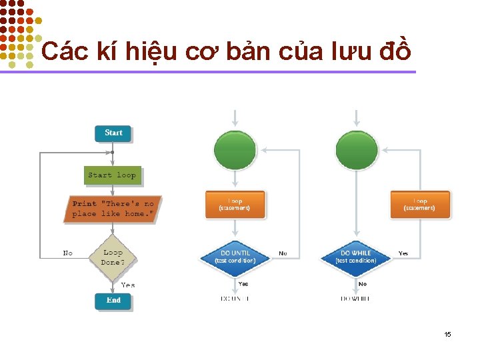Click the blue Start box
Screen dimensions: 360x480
pos(113,133)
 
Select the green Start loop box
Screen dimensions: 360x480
pos(112,175)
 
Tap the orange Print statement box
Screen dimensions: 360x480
pos(113,209)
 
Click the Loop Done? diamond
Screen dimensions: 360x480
pos(113,257)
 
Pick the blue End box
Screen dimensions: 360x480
pos(113,300)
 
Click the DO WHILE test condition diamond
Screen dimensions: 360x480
pos(356,257)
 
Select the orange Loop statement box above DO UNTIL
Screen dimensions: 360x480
pos(235,205)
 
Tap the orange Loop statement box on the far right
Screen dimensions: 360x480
pos(420,205)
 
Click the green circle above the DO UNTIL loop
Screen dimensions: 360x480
pos(235,149)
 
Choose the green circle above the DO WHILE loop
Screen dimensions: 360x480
pos(356,149)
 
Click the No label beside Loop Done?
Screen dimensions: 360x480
pos(68,253)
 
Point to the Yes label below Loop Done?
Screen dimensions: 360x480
pos(127,285)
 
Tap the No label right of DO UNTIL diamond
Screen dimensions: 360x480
pos(283,253)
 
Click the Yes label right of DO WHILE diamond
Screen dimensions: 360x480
pos(403,253)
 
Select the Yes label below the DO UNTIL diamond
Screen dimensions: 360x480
pos(243,283)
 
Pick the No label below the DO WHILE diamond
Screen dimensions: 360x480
pos(363,283)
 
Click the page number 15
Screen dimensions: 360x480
pos(448,334)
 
